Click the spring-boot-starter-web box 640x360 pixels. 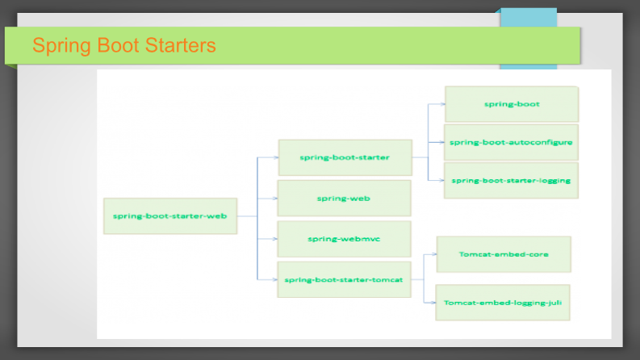pos(170,216)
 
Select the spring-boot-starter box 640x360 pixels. pos(345,157)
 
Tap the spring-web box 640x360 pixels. pos(344,199)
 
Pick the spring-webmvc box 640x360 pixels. pos(344,239)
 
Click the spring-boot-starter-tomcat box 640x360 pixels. pos(344,279)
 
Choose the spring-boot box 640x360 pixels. pos(512,104)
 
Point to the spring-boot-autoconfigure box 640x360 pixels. pos(511,142)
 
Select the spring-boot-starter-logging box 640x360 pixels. pos(511,181)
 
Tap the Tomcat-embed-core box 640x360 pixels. pos(504,254)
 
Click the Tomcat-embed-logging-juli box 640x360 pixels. pos(503,303)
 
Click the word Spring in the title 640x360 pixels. pos(61,46)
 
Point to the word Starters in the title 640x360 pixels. pos(181,45)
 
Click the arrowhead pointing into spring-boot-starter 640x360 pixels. pos(275,157)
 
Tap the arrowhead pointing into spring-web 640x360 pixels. pos(274,199)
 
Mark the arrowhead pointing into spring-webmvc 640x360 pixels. pos(274,239)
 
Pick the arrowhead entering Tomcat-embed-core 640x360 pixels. pos(434,254)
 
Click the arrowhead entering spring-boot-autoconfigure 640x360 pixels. pos(441,142)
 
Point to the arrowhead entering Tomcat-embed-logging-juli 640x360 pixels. pos(433,303)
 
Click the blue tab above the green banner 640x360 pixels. pos(529,18)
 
